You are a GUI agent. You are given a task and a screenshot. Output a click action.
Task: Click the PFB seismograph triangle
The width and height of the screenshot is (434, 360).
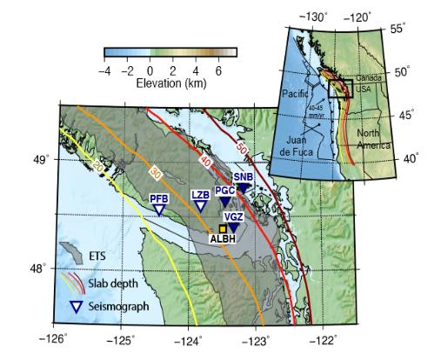158,210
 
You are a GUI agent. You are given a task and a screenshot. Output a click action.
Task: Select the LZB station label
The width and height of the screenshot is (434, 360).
200,196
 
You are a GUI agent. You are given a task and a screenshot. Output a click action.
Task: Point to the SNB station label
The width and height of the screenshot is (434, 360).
244,177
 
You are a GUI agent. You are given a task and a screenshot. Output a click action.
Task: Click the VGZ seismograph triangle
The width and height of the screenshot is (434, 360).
233,228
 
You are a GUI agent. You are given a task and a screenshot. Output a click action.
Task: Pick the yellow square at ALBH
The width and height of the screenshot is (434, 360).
223,228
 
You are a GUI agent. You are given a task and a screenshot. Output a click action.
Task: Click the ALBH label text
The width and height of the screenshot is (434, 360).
224,237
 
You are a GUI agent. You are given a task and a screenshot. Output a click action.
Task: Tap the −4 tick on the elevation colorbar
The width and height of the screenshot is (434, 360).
106,71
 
